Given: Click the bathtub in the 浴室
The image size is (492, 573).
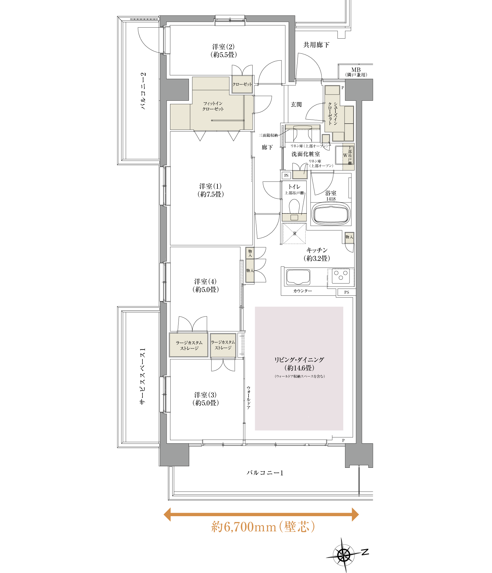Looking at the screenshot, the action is point(331,214).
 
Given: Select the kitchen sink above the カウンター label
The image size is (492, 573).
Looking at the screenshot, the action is point(298,277).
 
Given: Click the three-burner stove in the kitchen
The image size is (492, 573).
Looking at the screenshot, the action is point(341,276).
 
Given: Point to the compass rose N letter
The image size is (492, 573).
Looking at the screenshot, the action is point(365,552).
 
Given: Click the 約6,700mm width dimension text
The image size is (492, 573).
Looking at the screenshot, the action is point(263,527).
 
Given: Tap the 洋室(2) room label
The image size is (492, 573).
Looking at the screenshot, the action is point(223,51).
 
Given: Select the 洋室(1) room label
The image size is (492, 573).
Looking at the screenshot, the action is point(211,190).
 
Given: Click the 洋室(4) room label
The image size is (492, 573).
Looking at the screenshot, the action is point(206,285).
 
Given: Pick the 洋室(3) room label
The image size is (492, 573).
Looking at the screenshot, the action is point(206,399).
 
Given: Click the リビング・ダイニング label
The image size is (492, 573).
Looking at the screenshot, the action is point(299,364).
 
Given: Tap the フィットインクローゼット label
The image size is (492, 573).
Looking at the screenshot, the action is point(213,106).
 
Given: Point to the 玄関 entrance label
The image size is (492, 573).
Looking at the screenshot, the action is point(296,105).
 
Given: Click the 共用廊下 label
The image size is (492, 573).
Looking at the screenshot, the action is point(316,45).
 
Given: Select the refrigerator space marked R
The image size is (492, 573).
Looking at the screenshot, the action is point(294,234).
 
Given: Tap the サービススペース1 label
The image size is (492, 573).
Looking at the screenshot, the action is point(142,376).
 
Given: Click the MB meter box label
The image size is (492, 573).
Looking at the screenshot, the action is point(356,72).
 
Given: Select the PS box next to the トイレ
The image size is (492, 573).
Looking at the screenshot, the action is point(286,176).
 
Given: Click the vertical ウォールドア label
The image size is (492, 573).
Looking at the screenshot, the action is point(249,397).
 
